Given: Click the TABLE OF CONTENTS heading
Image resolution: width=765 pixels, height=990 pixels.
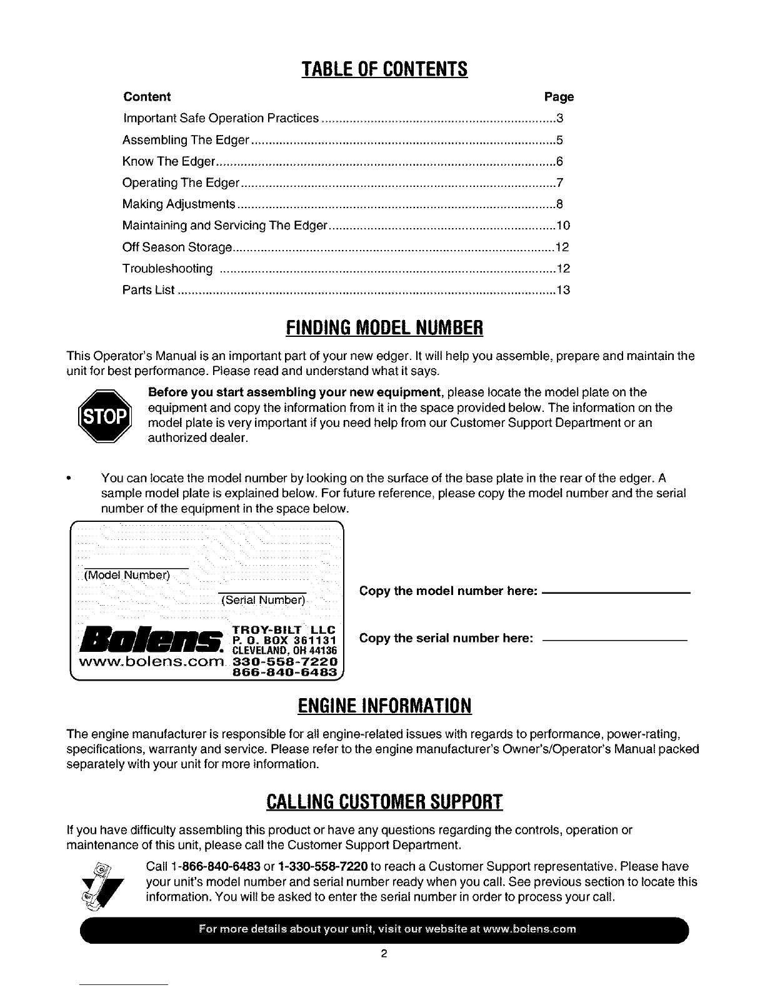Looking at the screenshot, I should point(384,68).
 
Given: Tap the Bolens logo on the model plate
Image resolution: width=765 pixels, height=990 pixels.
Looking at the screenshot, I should point(154,638).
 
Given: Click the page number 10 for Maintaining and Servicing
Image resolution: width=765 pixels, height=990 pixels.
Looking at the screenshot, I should point(563,226).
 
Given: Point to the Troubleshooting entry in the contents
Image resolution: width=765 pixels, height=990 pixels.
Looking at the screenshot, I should point(167,269).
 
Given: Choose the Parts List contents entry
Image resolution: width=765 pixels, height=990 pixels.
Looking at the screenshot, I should point(148,291).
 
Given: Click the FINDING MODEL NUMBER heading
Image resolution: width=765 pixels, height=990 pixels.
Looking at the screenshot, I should point(384,327).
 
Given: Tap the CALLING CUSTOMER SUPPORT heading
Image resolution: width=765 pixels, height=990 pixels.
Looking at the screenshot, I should point(384,801).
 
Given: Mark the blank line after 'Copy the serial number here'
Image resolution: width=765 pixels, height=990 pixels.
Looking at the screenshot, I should point(614,639).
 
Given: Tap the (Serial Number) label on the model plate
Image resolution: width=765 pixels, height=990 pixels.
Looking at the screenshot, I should point(263,601).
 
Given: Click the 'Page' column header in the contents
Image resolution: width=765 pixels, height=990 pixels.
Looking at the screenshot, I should point(558,97).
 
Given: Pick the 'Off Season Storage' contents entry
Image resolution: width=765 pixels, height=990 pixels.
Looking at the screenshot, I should point(177,247).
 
